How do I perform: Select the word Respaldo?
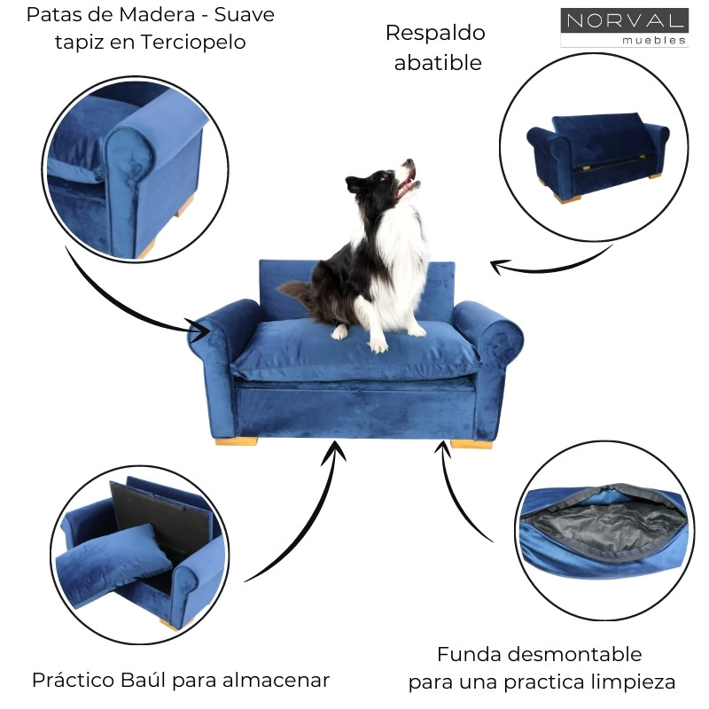[435, 33]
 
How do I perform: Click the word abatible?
[437, 63]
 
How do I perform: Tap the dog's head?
[394, 181]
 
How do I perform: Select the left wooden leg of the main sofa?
[236, 440]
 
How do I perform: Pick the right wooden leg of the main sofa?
[471, 443]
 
